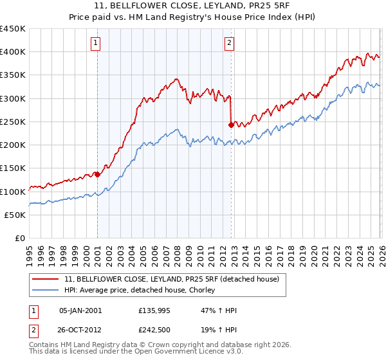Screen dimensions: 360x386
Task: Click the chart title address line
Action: tap(193, 6)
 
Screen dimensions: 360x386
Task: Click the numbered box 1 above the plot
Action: tap(95, 43)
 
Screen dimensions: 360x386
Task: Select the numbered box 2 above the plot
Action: tap(229, 43)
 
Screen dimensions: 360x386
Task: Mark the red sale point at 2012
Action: tap(230, 125)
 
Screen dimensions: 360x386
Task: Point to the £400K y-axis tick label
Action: tap(13, 52)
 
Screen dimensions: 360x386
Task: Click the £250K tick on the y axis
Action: tap(13, 122)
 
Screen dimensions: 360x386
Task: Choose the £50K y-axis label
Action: tap(15, 215)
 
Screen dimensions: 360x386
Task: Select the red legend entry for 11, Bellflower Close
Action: tap(171, 280)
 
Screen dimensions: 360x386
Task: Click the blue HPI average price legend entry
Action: tap(142, 291)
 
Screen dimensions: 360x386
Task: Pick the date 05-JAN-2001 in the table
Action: tap(80, 310)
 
